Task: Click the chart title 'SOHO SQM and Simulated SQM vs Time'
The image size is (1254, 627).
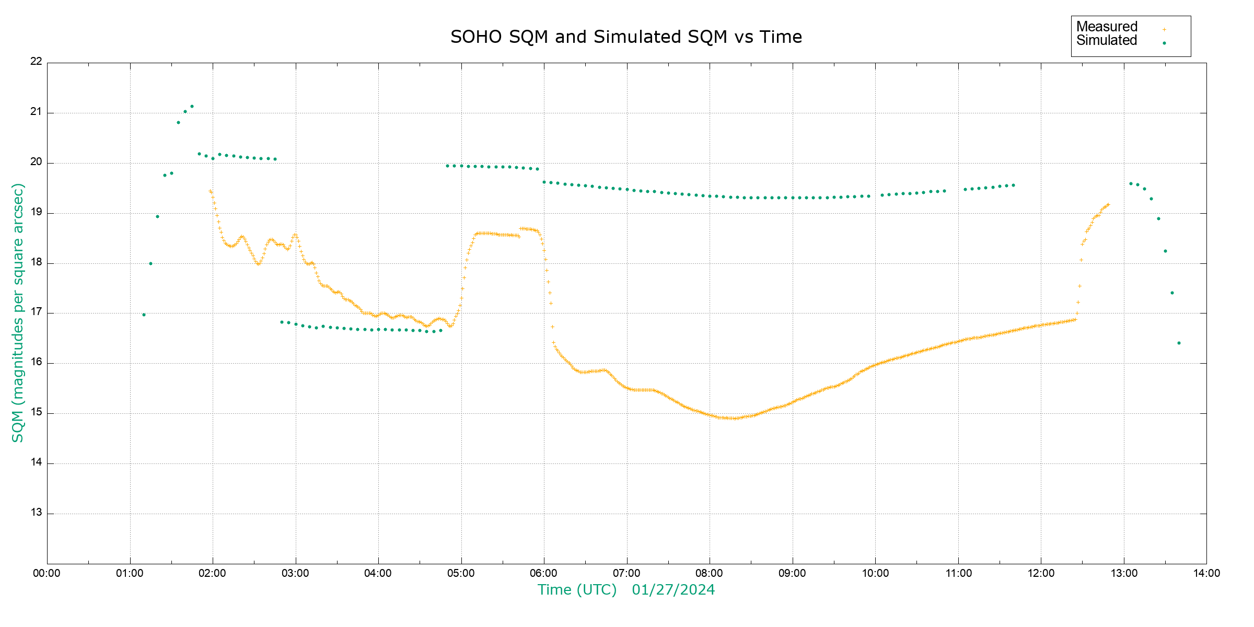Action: coord(626,37)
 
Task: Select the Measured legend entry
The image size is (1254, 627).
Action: coord(1107,27)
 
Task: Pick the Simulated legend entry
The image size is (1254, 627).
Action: coord(1107,41)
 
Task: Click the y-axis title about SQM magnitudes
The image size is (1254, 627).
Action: coord(18,312)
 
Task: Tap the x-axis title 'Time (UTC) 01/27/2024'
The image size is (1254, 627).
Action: coord(626,590)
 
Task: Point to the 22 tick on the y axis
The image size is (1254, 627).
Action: coord(36,61)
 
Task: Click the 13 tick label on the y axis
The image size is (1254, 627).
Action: coord(36,513)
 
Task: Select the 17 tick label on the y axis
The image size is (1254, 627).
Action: coord(36,312)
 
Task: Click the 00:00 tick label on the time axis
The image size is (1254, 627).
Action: coord(47,573)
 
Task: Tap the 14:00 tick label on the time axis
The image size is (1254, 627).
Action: coord(1206,573)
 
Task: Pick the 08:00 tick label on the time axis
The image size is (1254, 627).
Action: coord(710,573)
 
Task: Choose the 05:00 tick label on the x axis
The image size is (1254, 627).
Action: coord(461,573)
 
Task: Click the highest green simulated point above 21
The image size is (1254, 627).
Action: coord(192,107)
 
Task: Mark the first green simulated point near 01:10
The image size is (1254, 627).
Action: coord(144,315)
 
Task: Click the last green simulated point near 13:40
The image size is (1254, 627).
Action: coord(1179,343)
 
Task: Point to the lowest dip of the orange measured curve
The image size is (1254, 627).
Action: coord(734,419)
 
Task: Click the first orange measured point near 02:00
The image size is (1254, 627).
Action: coord(210,191)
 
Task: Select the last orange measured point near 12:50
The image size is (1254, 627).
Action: coord(1108,205)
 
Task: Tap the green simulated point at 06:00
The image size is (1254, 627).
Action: coord(544,182)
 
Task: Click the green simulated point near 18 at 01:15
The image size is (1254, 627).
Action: coord(150,264)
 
